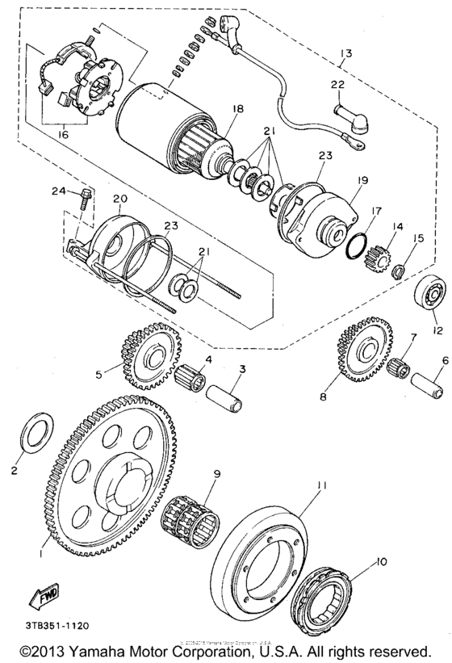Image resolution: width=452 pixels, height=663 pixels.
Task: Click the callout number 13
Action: pyautogui.click(x=345, y=54)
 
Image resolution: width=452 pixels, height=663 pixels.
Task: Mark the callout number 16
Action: pyautogui.click(x=63, y=135)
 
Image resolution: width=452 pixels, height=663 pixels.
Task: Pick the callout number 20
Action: pyautogui.click(x=119, y=198)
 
